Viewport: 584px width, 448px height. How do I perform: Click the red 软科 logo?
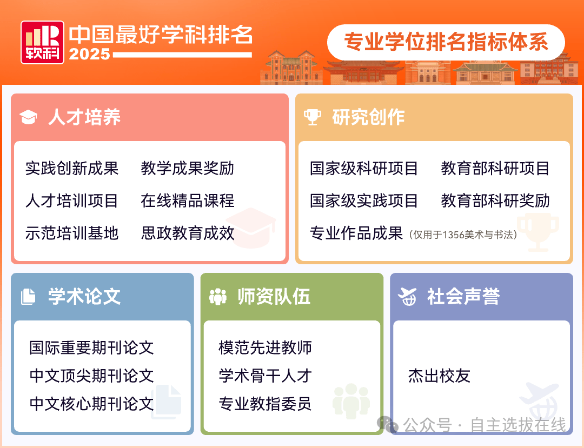[x=43, y=42]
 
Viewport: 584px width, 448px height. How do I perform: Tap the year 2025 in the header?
[x=90, y=55]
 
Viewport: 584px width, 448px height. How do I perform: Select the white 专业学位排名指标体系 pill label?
[x=446, y=42]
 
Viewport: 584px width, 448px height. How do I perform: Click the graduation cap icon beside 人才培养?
[x=28, y=117]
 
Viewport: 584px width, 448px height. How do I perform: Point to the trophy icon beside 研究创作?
[x=312, y=117]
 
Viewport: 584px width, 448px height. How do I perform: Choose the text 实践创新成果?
[x=72, y=168]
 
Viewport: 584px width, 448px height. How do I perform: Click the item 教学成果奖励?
[x=187, y=168]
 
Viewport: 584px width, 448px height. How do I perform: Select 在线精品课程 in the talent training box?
[x=187, y=200]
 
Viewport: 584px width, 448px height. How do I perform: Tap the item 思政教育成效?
[x=187, y=233]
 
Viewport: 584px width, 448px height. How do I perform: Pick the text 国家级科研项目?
[x=363, y=168]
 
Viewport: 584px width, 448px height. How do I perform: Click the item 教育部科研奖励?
[x=495, y=200]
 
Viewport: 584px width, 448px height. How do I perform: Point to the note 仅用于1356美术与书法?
[x=463, y=235]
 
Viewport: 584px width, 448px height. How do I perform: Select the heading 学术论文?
[x=84, y=297]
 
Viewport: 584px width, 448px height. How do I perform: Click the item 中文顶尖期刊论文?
[x=91, y=376]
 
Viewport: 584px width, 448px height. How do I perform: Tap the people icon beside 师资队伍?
[x=218, y=297]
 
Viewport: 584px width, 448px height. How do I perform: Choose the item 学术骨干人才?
[x=265, y=376]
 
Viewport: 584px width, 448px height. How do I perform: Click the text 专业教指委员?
[x=265, y=403]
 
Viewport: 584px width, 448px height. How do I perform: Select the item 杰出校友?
[x=439, y=376]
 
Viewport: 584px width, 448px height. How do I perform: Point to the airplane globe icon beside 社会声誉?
[x=407, y=297]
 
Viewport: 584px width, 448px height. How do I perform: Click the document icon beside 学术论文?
[x=28, y=297]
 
